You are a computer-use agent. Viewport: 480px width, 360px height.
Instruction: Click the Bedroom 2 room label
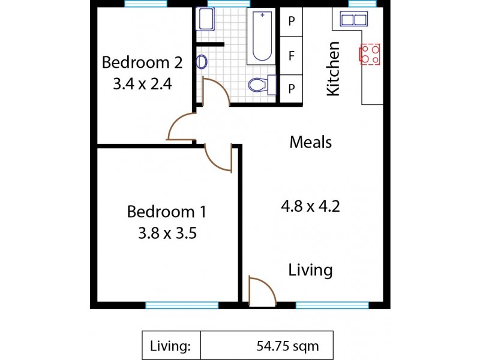(x=142, y=62)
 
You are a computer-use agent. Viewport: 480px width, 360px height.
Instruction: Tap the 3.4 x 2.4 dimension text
(x=142, y=84)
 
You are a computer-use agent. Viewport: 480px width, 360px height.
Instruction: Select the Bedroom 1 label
(x=167, y=212)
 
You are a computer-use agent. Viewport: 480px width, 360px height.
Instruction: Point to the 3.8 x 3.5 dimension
(x=167, y=233)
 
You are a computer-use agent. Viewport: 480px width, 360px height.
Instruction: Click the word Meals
(x=310, y=142)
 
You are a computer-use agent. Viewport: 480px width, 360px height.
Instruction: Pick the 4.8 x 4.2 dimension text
(x=310, y=206)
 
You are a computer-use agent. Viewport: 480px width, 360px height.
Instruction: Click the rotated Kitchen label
(x=333, y=68)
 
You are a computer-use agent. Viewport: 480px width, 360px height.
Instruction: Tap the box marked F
(x=292, y=56)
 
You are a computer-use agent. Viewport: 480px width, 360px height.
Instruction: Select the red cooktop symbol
(x=370, y=54)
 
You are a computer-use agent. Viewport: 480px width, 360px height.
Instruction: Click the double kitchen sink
(x=354, y=19)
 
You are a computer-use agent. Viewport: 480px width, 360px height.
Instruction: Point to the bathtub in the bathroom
(x=262, y=35)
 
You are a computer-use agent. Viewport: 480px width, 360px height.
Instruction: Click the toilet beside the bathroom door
(x=262, y=85)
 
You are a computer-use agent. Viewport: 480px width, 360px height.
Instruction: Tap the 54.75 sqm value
(x=287, y=346)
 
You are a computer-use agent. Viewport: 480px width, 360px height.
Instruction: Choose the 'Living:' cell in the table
(x=171, y=346)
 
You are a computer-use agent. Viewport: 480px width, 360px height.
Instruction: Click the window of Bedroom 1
(x=182, y=305)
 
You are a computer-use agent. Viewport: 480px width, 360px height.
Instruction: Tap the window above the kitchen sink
(x=362, y=4)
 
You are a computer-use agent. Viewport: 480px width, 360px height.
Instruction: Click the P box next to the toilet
(x=292, y=89)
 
